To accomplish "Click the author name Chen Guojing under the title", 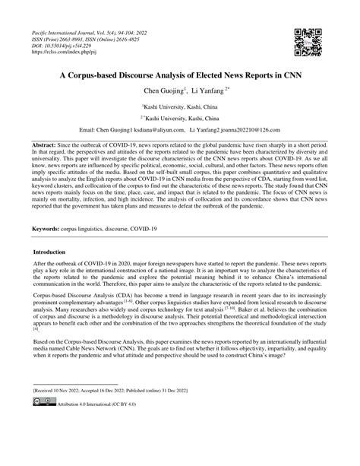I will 162,90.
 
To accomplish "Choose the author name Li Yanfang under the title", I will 208,90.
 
